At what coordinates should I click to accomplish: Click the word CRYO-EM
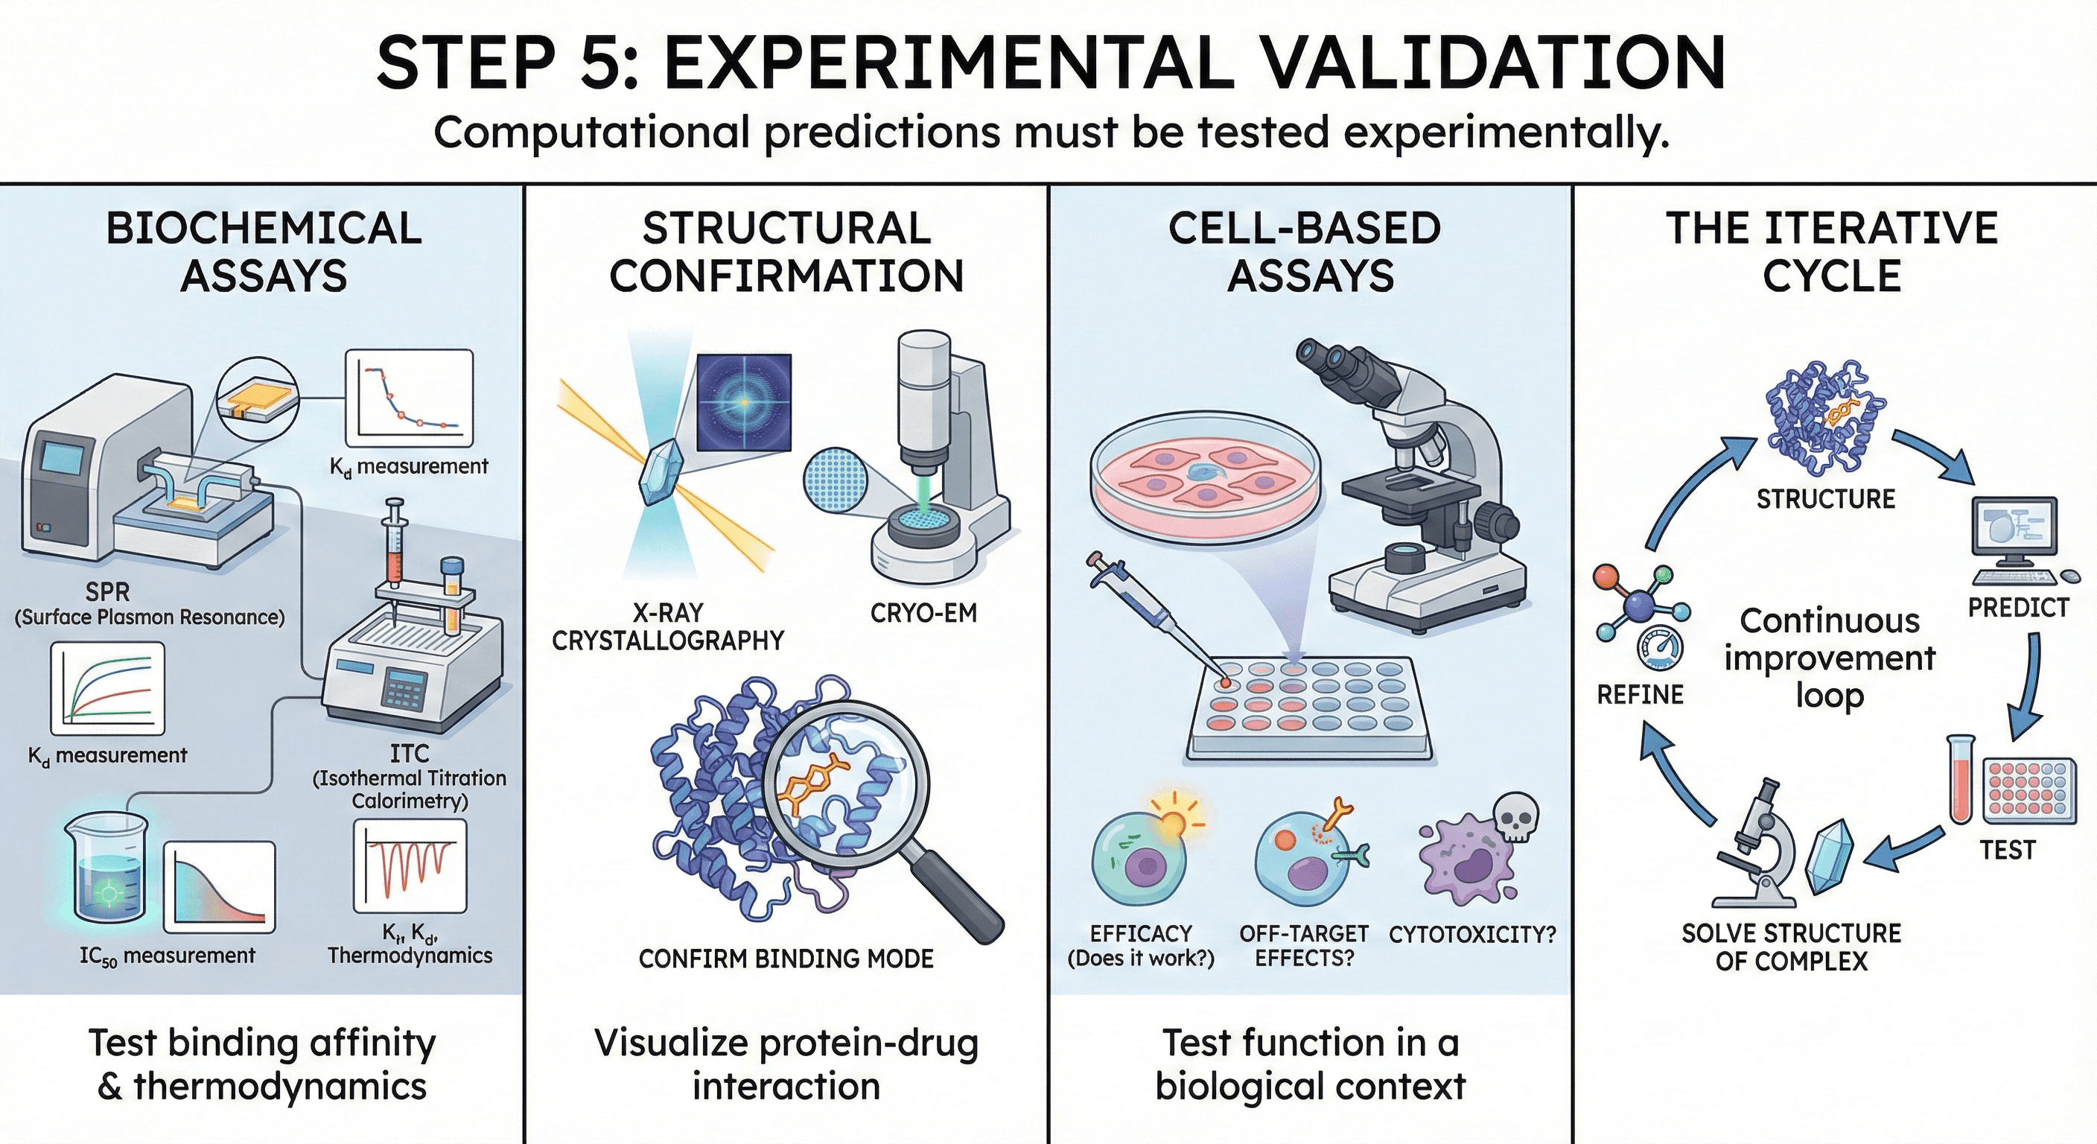pyautogui.click(x=923, y=612)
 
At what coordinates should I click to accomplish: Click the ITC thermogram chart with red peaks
pyautogui.click(x=410, y=865)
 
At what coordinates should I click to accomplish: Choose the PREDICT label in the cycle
pyautogui.click(x=2018, y=608)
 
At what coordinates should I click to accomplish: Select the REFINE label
pyautogui.click(x=1640, y=695)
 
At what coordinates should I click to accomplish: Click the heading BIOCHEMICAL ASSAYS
pyautogui.click(x=263, y=252)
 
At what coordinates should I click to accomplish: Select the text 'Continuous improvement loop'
pyautogui.click(x=1829, y=658)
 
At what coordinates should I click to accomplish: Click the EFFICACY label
pyautogui.click(x=1141, y=933)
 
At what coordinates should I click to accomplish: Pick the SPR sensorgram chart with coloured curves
pyautogui.click(x=107, y=688)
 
